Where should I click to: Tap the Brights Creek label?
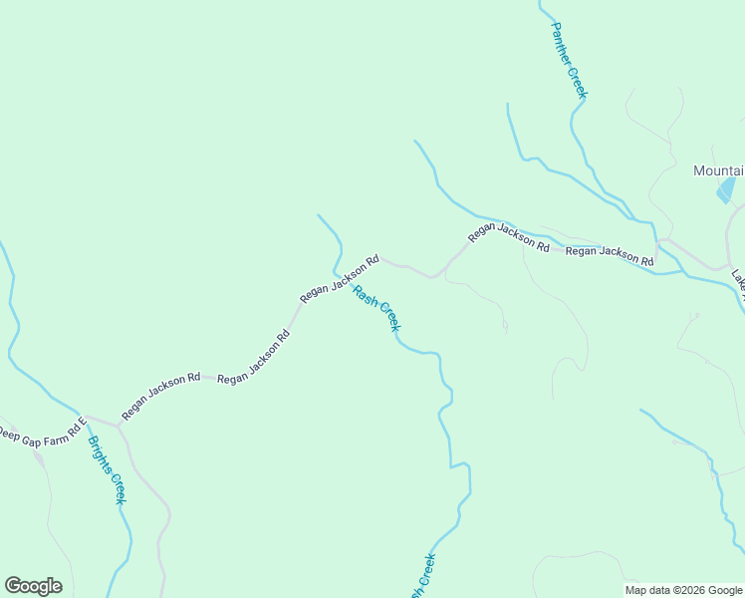(x=106, y=468)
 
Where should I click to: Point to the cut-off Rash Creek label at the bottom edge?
(x=422, y=576)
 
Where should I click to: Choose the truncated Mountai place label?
(x=718, y=170)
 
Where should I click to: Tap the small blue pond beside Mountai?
(x=727, y=189)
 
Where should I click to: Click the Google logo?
(x=33, y=585)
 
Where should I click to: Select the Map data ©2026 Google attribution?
(x=682, y=590)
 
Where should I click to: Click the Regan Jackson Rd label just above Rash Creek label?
(x=340, y=279)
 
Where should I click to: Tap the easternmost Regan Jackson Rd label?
(x=609, y=255)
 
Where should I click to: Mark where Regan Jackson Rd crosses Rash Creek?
(x=337, y=270)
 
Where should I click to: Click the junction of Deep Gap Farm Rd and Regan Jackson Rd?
(x=118, y=425)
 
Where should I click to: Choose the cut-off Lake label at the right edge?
(x=738, y=280)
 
